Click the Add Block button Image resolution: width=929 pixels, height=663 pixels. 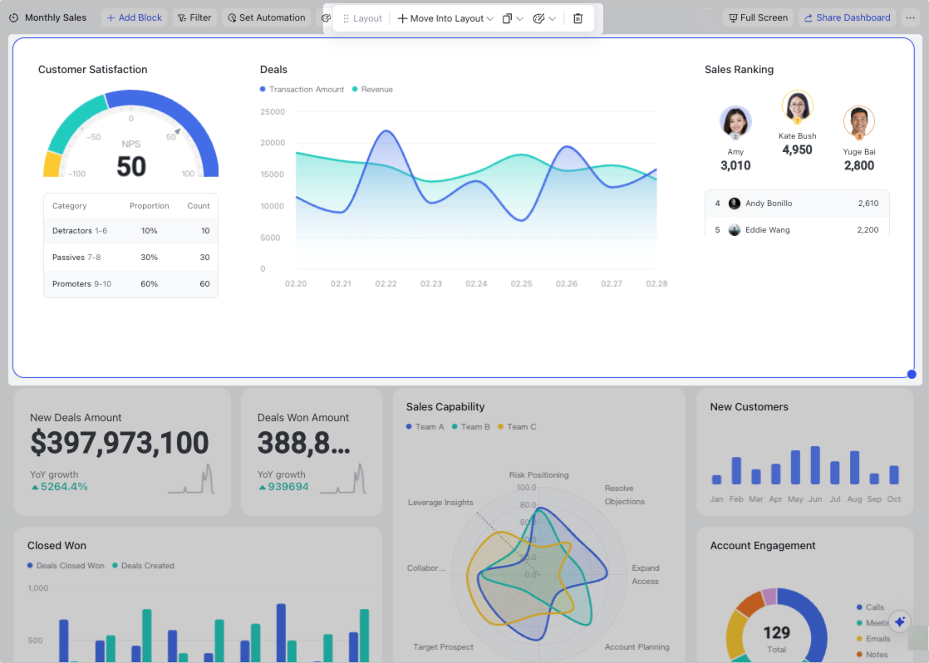pos(135,17)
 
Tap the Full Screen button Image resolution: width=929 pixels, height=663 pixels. pos(758,17)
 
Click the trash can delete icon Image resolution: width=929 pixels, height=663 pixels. pos(578,18)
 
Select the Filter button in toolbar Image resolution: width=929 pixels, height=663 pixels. pos(194,17)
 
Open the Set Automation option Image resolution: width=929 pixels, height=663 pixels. pos(266,17)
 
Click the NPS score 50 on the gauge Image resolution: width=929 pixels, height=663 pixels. pos(131,166)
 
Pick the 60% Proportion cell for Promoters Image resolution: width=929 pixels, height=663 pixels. pos(149,284)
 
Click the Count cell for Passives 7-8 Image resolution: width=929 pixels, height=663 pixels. pos(204,258)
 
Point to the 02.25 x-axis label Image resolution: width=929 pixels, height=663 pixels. pos(521,284)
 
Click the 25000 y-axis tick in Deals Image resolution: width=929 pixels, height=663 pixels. pos(273,111)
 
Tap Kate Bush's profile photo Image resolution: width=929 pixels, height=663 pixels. pos(798,106)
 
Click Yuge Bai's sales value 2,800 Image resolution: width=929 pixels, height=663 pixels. pos(858,165)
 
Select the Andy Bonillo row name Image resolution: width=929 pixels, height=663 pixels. pos(769,204)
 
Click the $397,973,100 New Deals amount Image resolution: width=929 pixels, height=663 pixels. pos(120,443)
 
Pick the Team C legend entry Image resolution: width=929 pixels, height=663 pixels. pos(521,427)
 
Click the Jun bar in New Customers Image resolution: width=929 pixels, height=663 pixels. pos(814,465)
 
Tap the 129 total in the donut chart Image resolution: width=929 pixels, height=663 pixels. pos(776,634)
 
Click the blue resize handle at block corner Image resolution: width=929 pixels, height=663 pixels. pos(912,374)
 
